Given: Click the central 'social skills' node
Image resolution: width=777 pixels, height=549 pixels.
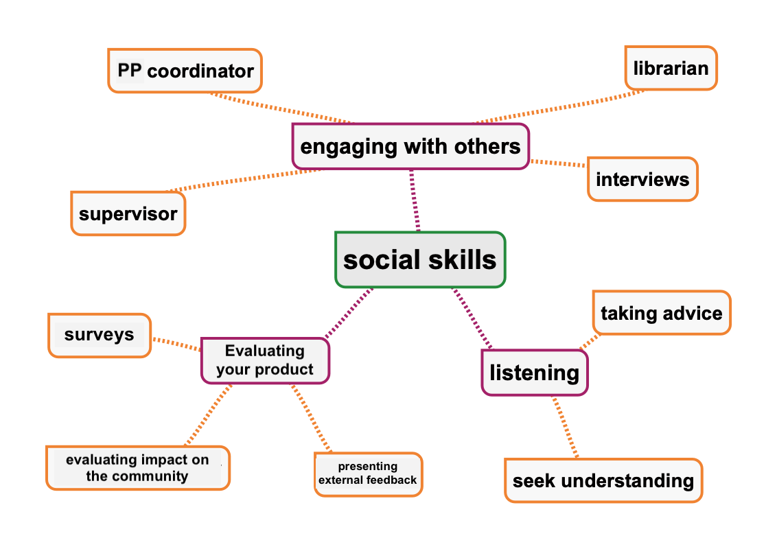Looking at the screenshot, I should tap(420, 259).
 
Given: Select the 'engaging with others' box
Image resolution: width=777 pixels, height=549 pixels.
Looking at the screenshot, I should tap(410, 146).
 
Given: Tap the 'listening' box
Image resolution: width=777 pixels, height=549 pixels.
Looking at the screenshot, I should tap(535, 373).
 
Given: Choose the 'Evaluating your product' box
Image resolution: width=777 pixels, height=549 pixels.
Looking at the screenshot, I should tap(265, 360).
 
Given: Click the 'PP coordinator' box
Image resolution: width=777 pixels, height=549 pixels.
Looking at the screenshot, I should tap(185, 71).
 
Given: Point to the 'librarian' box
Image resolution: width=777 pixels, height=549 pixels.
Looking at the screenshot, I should tap(671, 68).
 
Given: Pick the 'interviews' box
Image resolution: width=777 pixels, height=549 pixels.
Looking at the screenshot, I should tap(642, 180).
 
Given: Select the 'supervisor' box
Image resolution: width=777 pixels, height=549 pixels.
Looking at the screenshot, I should tap(128, 213).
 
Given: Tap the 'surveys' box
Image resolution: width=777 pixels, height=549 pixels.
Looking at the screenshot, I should tap(100, 335).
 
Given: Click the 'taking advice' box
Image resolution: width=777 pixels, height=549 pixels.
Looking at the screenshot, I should tap(661, 314).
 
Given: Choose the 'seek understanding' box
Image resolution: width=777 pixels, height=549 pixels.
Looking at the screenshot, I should tap(603, 480).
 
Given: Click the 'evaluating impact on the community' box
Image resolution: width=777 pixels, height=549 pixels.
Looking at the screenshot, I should tap(138, 468).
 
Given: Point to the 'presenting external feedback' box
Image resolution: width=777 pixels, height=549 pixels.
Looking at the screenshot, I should tap(368, 474).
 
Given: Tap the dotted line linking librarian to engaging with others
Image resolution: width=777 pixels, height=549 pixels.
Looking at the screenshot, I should tap(559, 106).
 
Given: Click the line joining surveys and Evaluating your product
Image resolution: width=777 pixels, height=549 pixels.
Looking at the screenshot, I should tap(176, 344).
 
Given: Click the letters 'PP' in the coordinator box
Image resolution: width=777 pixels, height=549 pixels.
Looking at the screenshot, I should tap(130, 71).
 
